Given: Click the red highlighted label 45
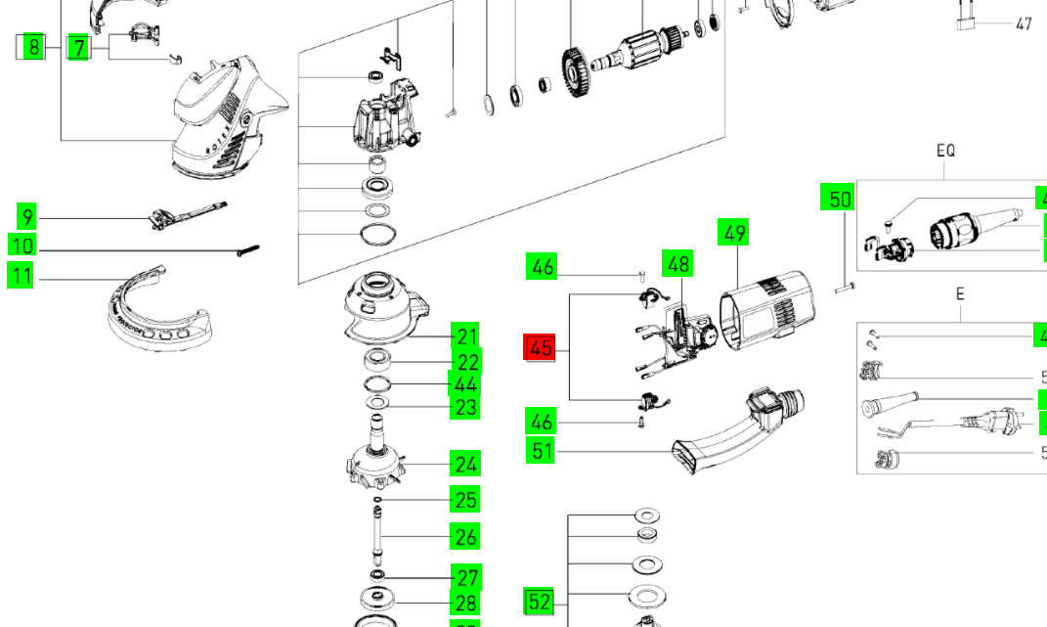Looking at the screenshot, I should click(541, 347).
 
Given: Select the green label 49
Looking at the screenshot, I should click(735, 234).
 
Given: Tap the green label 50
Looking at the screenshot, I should click(840, 200).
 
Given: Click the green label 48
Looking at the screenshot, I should click(677, 263).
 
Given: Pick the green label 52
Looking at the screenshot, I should click(540, 601).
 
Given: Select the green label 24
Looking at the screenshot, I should click(465, 464).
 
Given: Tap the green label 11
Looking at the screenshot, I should click(22, 276).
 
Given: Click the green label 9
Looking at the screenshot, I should click(26, 217).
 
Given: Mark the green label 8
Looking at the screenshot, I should click(34, 46).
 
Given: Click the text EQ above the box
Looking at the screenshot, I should click(945, 151).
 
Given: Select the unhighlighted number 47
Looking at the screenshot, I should click(1023, 23).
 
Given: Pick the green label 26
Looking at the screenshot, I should click(465, 536).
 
